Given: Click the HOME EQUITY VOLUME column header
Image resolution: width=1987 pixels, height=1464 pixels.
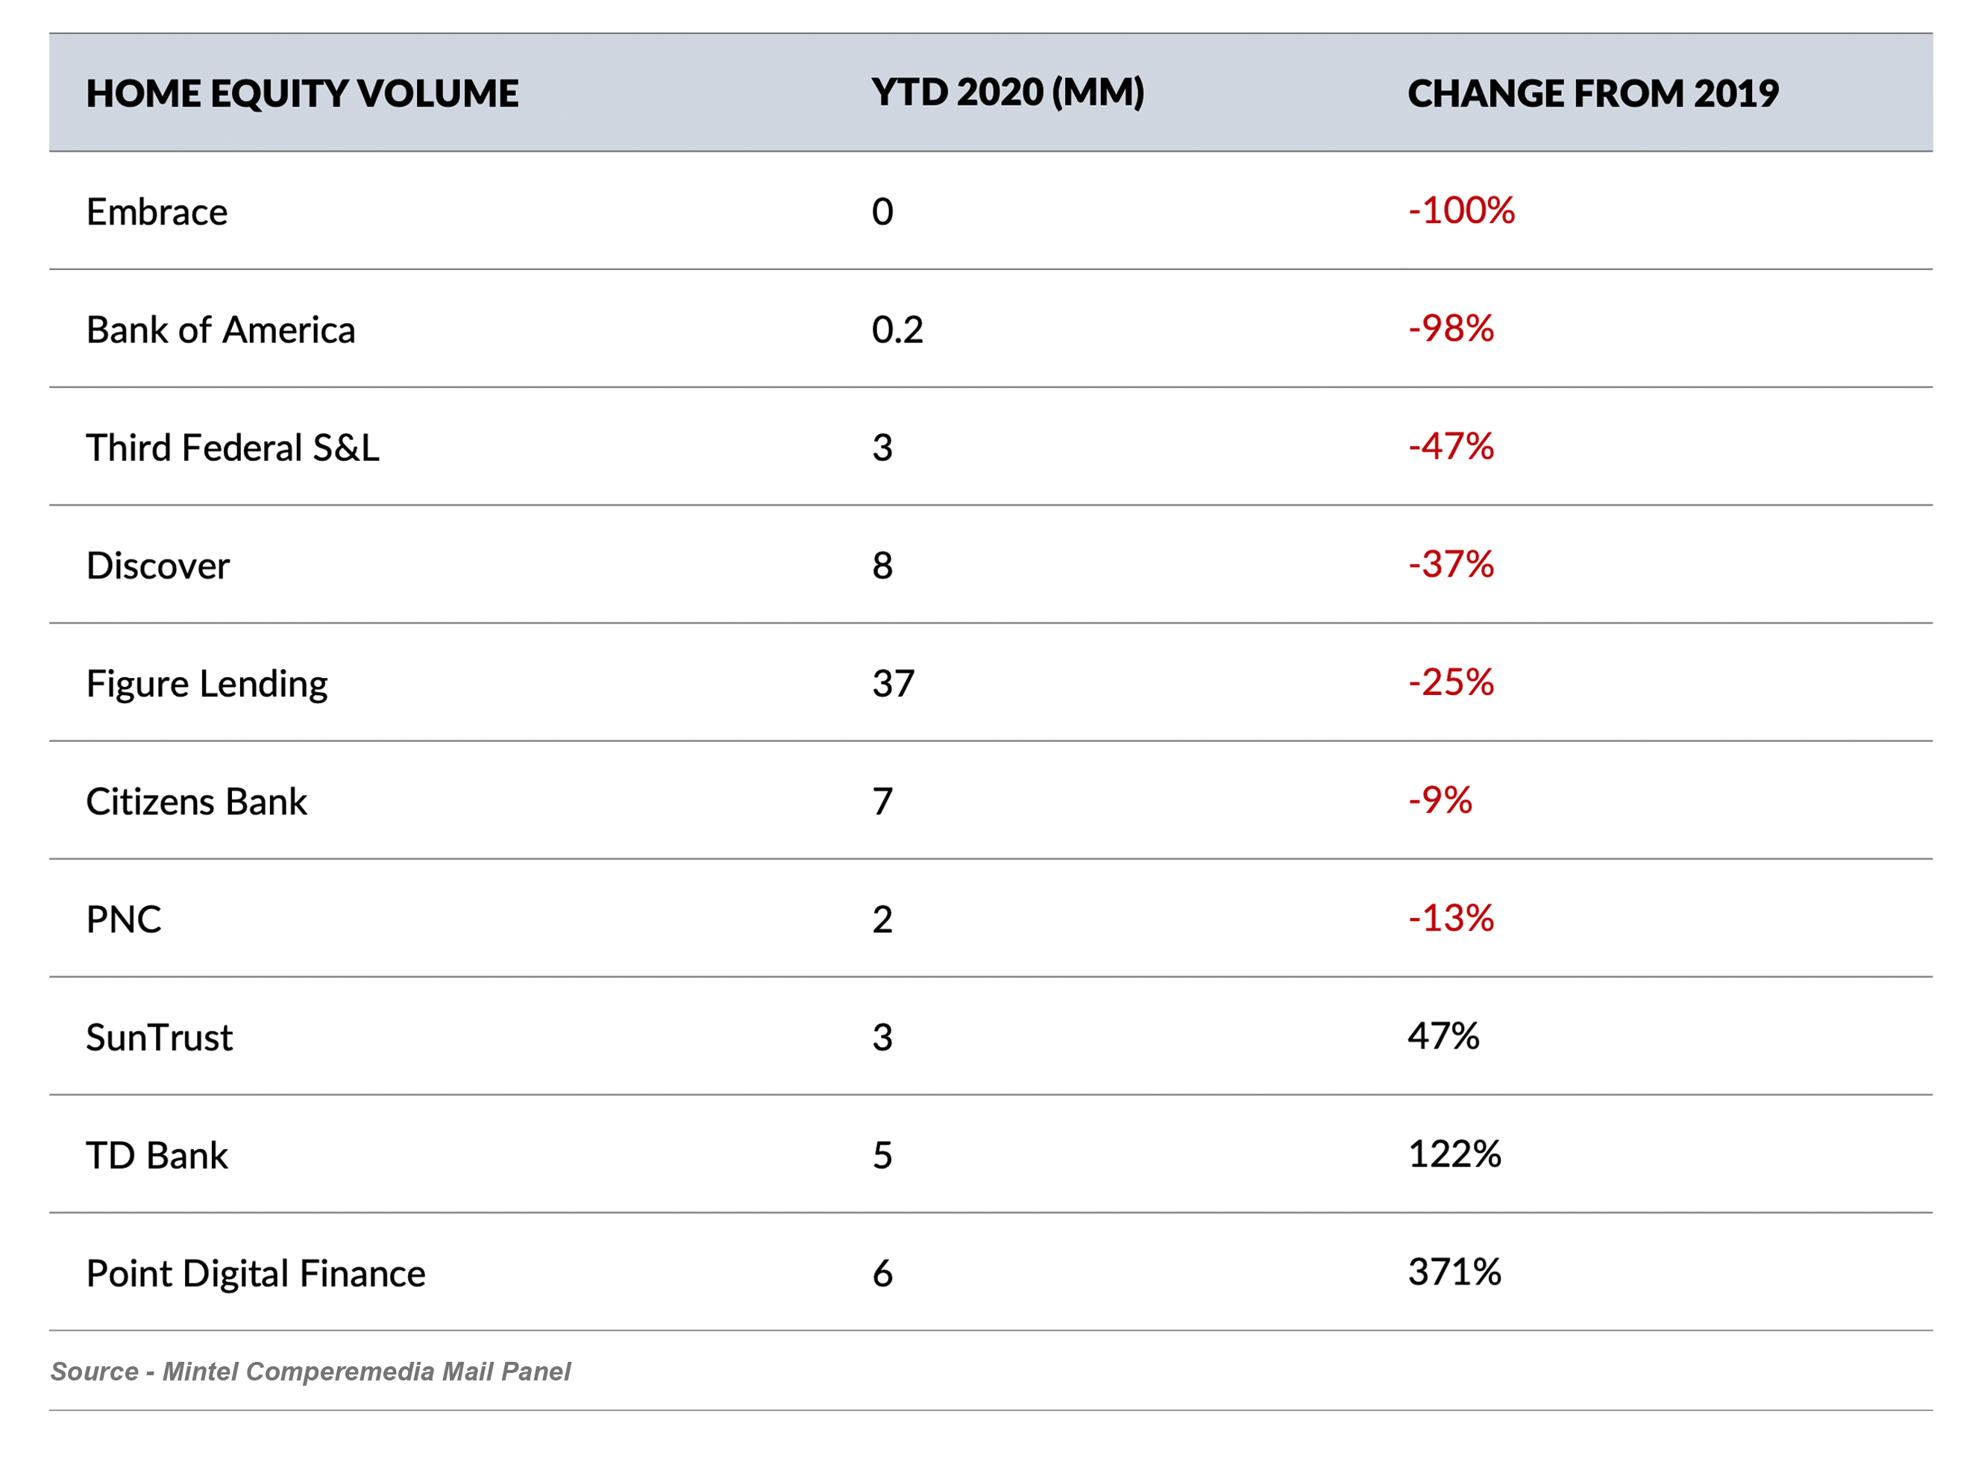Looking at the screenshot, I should tap(301, 93).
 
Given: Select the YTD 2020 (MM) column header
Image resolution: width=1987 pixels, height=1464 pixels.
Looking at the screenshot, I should tap(1007, 92).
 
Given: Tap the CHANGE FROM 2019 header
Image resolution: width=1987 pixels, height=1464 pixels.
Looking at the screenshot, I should tap(1592, 93).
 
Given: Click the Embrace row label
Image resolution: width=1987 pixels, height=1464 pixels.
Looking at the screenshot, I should tap(157, 212).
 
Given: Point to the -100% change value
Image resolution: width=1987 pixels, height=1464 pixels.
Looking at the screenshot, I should tap(1460, 210).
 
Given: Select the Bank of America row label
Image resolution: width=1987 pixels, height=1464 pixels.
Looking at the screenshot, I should tap(221, 330).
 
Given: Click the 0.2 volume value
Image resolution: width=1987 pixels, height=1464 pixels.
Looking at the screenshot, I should tap(897, 330).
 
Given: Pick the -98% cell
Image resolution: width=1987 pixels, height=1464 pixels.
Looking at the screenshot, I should tap(1451, 328).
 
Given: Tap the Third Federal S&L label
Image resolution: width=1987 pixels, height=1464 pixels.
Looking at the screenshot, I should tap(232, 447).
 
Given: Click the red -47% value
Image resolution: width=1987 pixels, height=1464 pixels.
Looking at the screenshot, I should tap(1451, 446).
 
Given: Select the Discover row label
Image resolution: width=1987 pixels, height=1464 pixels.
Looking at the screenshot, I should tap(158, 565).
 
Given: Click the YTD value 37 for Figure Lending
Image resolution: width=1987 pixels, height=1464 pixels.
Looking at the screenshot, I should tap(893, 683).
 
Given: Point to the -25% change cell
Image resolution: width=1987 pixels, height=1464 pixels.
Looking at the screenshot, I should tap(1451, 682).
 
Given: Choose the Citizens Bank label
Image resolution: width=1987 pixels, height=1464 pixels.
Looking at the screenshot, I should tap(196, 801).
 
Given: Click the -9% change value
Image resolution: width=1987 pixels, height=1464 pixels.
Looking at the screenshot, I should tap(1440, 799).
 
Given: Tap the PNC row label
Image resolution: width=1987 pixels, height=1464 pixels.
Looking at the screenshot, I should tap(123, 919).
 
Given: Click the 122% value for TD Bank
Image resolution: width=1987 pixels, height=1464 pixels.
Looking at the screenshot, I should tap(1454, 1153).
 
